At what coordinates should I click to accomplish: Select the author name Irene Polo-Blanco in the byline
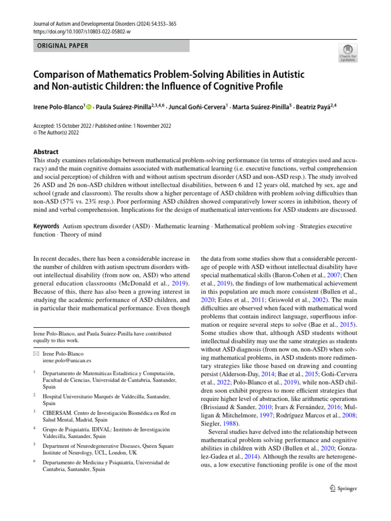pos(58,107)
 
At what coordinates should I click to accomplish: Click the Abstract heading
pos(45,152)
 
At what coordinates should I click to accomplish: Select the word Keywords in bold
pos(46,226)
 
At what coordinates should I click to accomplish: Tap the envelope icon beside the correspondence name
pos(35,353)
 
